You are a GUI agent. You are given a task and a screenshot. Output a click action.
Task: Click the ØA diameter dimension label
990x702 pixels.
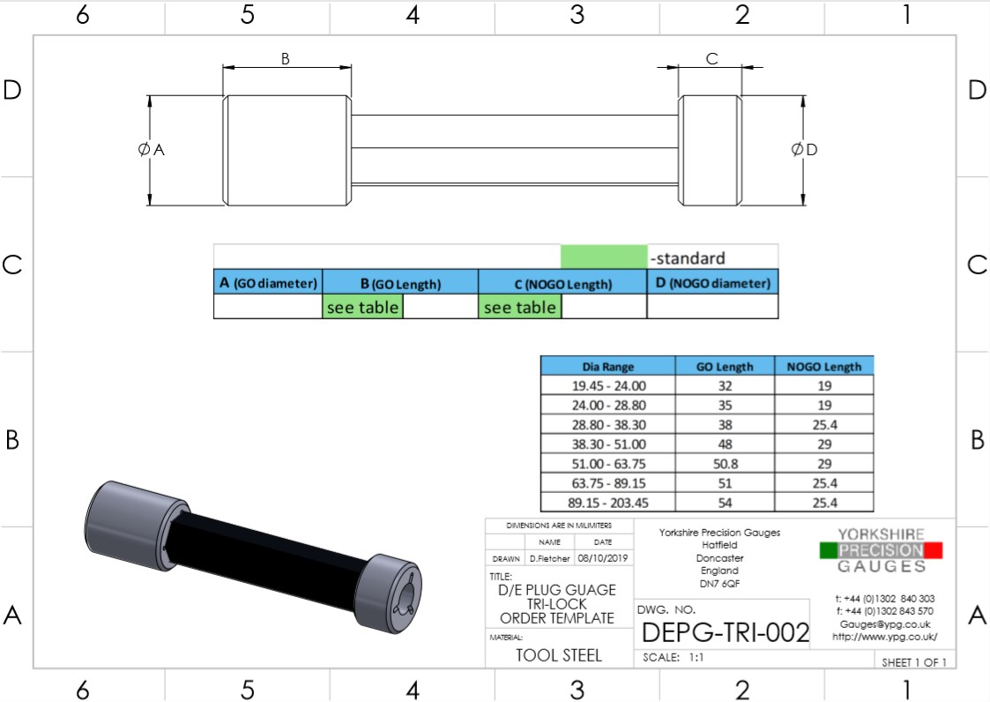[x=152, y=150]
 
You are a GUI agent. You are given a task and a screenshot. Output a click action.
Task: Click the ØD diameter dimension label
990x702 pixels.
[x=805, y=150]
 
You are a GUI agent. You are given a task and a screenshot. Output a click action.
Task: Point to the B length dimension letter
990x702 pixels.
[x=285, y=59]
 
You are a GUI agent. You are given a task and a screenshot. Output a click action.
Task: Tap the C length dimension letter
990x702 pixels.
[x=711, y=59]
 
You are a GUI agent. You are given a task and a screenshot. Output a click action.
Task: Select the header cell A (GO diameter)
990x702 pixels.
[x=268, y=283]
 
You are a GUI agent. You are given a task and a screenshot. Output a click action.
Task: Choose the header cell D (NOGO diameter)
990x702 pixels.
[x=712, y=283]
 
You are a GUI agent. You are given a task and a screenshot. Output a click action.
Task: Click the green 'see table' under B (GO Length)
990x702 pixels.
[x=362, y=307]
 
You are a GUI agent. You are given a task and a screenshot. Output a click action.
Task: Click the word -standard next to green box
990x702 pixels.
[x=688, y=258]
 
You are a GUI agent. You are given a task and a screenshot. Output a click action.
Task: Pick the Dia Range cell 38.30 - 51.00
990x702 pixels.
[x=607, y=444]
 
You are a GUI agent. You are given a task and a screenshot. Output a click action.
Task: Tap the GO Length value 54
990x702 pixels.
[x=725, y=503]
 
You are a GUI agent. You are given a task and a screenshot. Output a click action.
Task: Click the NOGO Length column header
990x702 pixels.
[x=823, y=367]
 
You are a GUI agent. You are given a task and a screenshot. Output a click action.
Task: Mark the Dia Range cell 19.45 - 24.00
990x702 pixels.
[x=607, y=385]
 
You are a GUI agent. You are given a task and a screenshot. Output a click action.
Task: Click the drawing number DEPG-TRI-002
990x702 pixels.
[x=725, y=632]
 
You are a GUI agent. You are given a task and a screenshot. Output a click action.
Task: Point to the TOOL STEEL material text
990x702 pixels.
[x=559, y=655]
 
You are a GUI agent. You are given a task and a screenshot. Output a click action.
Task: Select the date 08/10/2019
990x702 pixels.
[x=602, y=558]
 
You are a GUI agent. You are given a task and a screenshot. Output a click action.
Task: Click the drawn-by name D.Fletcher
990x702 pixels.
[x=550, y=558]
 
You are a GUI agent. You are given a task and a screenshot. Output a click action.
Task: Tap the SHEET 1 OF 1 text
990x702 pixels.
[x=913, y=662]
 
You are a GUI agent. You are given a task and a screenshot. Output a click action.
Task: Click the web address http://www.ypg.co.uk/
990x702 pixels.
[x=885, y=636]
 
